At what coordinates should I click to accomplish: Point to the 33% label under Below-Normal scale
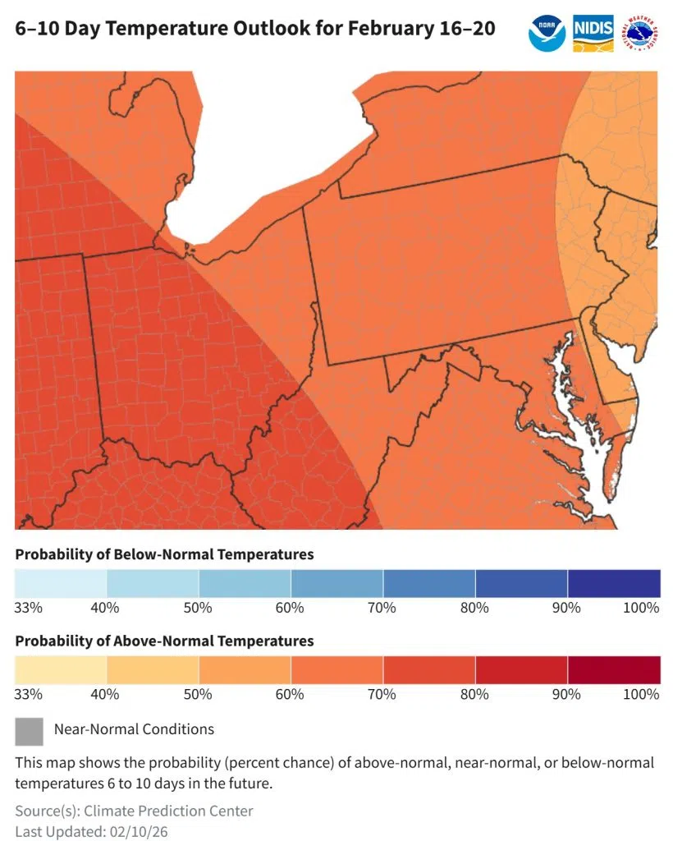[28, 608]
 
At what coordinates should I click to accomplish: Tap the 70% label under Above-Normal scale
[382, 694]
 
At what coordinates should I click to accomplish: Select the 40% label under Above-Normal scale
[106, 694]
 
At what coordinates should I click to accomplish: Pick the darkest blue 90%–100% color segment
[614, 583]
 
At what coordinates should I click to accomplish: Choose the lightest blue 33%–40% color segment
[61, 583]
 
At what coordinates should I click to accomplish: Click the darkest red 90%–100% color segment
[614, 669]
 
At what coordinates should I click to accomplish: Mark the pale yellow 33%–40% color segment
[61, 669]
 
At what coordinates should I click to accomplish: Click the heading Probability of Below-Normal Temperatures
[164, 554]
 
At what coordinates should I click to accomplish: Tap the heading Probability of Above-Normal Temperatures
[164, 641]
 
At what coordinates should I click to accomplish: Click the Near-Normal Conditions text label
[134, 729]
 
